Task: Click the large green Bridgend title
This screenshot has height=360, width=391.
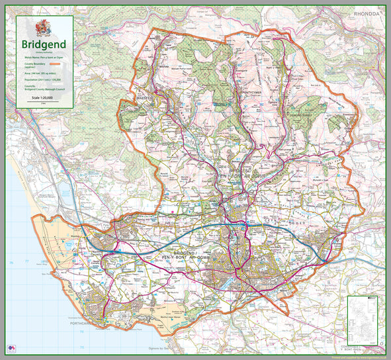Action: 43,44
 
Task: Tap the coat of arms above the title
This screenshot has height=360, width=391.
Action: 43,27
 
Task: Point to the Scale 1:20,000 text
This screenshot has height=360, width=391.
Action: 43,97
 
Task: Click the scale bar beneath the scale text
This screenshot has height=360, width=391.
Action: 43,102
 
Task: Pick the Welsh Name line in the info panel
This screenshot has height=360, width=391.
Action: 43,58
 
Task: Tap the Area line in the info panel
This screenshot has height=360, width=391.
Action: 43,73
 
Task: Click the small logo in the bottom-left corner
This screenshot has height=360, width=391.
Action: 12,347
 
